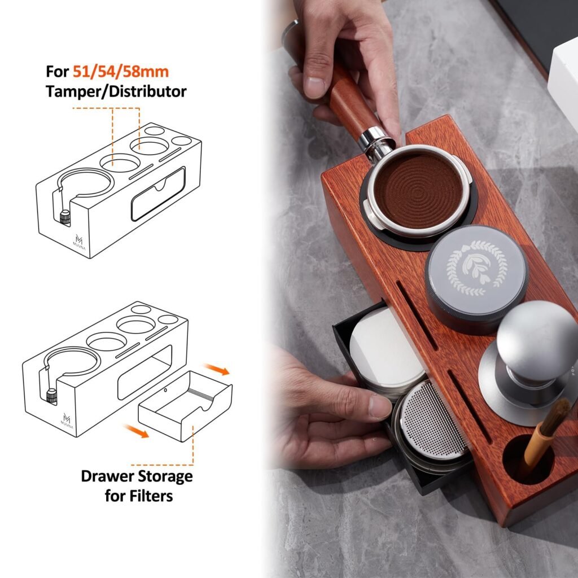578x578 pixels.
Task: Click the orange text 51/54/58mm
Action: (121, 71)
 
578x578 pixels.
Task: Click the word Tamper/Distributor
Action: (116, 91)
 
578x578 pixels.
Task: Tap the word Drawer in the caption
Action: (105, 476)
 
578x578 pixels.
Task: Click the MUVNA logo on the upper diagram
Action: (79, 241)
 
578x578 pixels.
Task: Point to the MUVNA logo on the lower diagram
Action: (67, 421)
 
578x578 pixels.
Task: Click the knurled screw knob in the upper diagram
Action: (65, 217)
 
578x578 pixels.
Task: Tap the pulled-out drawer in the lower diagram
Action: (185, 406)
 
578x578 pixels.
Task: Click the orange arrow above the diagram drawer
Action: (217, 369)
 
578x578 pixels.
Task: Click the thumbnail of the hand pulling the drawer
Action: (380, 406)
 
